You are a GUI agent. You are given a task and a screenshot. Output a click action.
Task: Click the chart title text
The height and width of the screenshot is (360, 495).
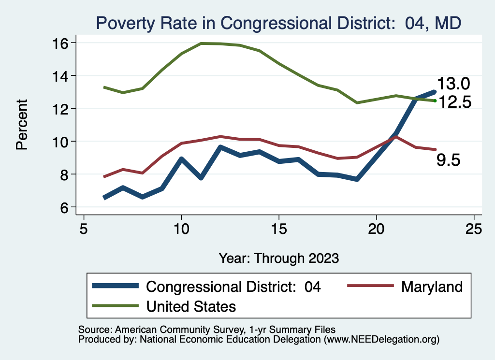(279, 23)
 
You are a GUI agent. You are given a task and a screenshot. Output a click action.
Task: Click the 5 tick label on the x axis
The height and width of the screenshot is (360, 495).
(84, 229)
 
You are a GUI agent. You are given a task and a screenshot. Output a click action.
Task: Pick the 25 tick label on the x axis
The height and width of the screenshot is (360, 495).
(474, 229)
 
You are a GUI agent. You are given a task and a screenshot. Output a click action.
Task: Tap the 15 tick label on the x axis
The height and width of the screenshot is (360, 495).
(279, 229)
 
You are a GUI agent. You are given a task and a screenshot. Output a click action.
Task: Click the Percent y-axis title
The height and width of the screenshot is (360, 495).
(22, 125)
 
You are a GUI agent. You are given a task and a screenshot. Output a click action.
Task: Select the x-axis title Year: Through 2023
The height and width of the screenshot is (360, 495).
(279, 258)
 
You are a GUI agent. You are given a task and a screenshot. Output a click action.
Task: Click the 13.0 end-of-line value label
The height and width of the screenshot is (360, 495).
(453, 84)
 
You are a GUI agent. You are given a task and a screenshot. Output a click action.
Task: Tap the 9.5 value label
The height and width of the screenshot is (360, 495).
(449, 160)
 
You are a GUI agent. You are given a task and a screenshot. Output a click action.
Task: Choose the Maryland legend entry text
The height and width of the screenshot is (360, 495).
(432, 287)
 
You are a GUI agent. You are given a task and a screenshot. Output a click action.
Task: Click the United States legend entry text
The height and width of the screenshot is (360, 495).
(191, 306)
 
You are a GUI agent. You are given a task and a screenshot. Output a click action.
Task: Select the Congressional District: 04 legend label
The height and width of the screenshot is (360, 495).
(233, 287)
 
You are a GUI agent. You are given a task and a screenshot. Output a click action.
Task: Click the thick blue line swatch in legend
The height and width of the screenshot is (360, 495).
(116, 287)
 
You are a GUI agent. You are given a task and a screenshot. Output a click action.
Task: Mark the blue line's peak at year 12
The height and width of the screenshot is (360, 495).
(220, 147)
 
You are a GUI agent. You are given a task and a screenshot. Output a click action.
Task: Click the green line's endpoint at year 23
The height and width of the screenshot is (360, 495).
(435, 101)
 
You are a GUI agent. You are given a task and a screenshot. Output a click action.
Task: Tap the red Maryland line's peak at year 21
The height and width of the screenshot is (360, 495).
(396, 137)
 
